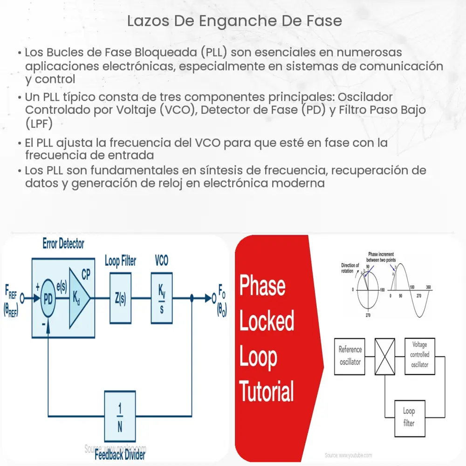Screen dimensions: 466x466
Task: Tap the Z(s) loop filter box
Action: [120, 298]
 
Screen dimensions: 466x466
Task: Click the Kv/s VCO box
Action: [161, 298]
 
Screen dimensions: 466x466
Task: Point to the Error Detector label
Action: [63, 244]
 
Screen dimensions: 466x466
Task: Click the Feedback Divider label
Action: [120, 455]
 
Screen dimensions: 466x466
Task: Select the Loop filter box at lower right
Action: [409, 417]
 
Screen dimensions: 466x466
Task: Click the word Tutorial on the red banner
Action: [267, 391]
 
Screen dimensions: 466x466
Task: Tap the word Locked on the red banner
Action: [267, 322]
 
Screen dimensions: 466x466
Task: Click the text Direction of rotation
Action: [350, 267]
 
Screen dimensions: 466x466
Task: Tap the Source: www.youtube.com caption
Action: [349, 455]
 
